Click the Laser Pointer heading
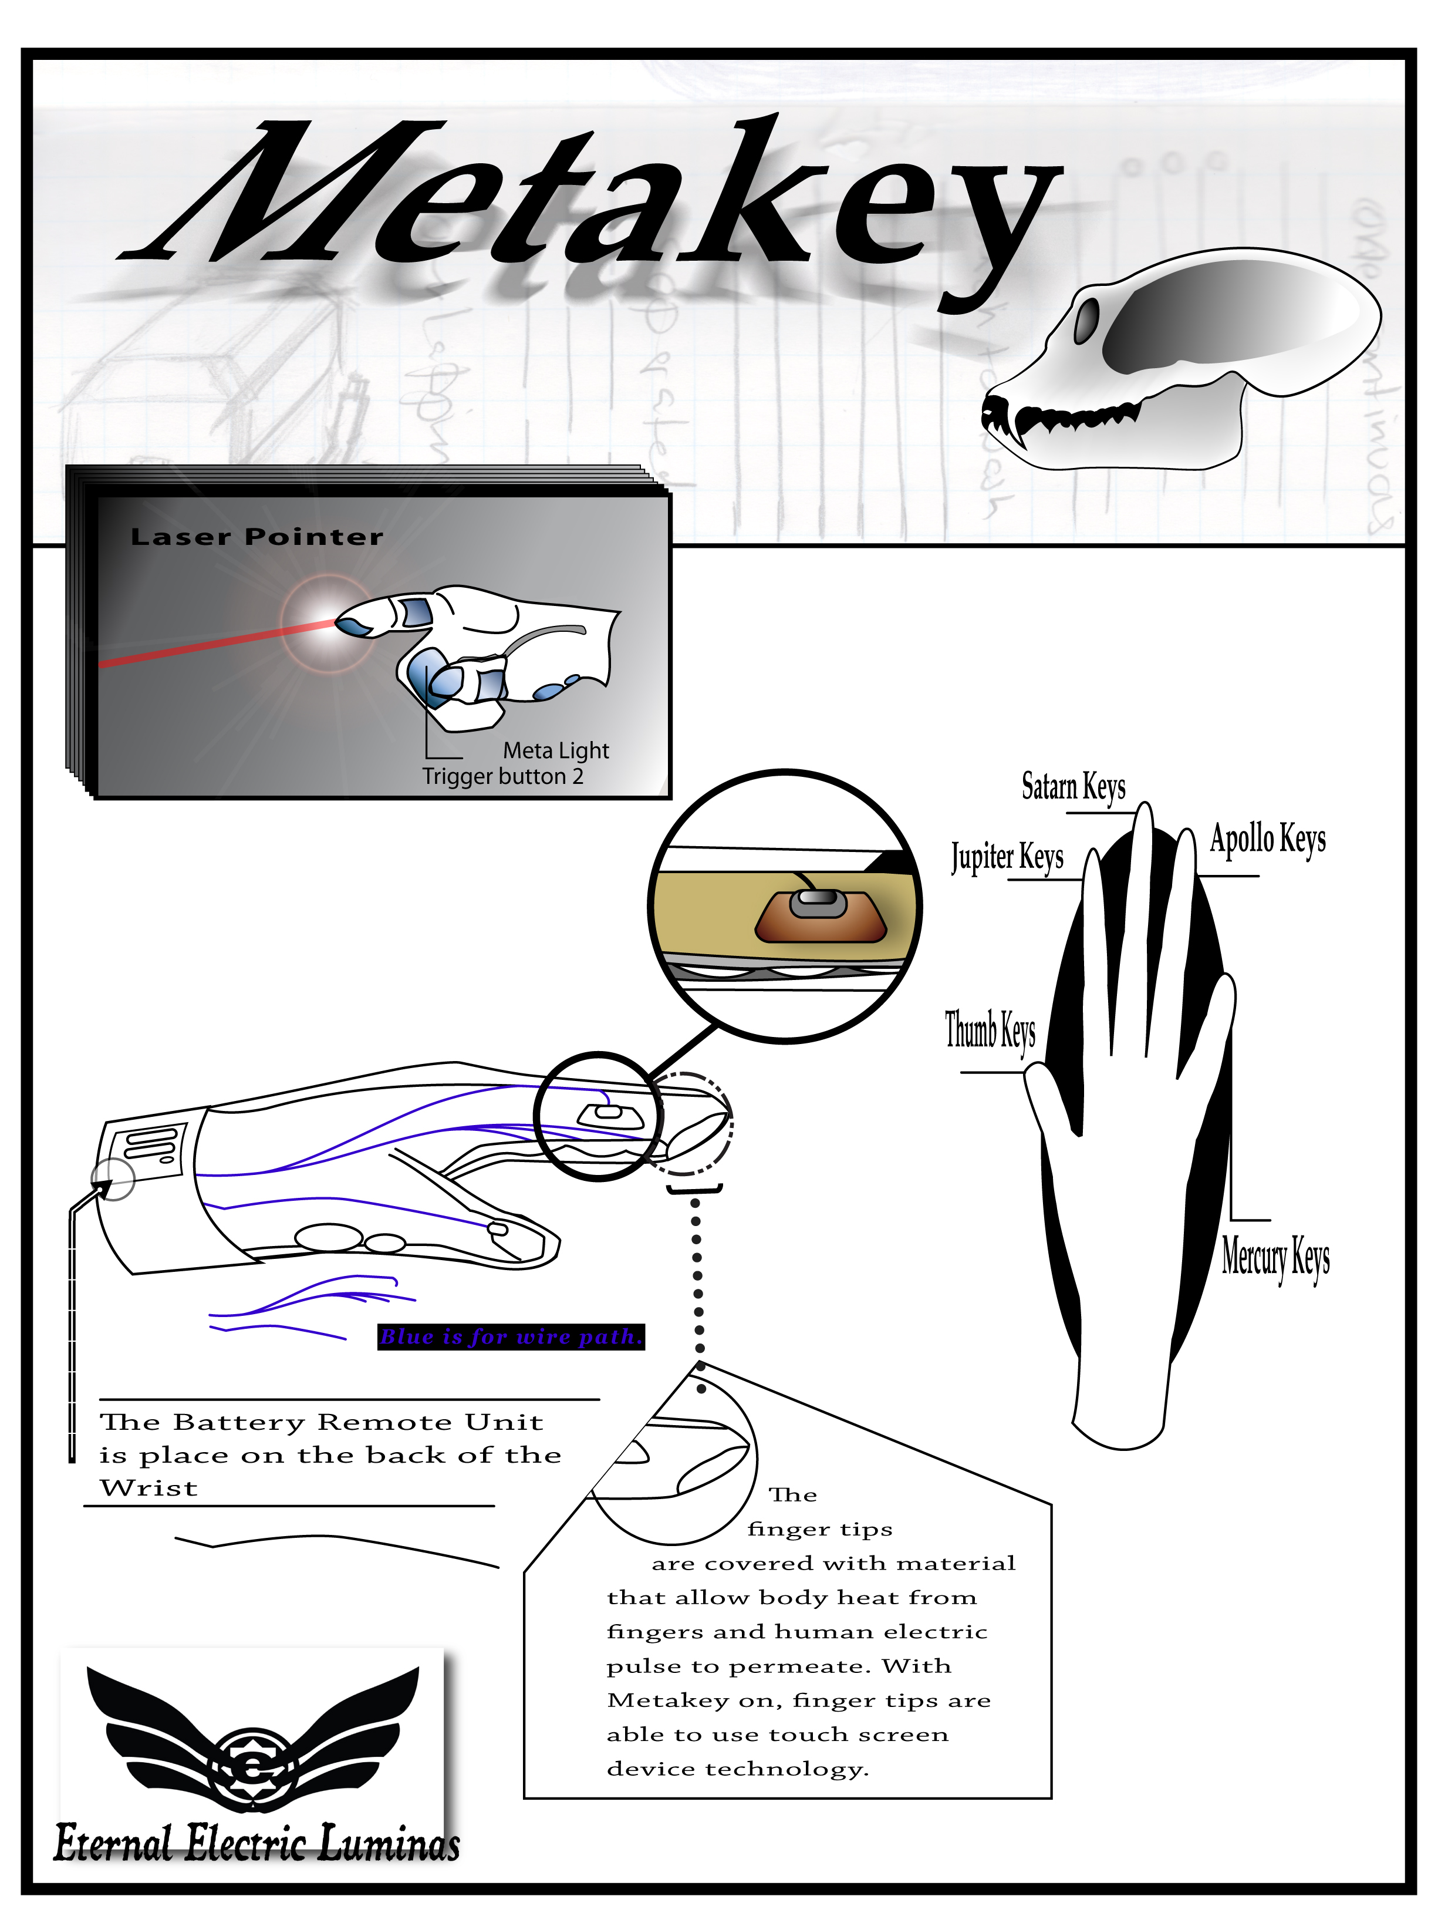tap(256, 537)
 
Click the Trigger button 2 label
tap(502, 776)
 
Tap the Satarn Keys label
tap(1073, 786)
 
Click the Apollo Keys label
tap(1267, 839)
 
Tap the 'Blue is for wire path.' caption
tap(511, 1336)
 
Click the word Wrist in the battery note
tap(149, 1488)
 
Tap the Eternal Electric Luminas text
tap(256, 1843)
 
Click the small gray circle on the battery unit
tap(113, 1179)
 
